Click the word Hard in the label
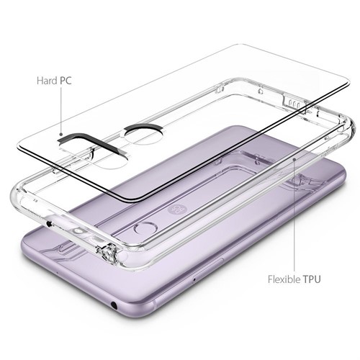(x=47, y=81)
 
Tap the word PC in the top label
(x=66, y=81)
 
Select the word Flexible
(x=284, y=279)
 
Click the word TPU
(x=312, y=279)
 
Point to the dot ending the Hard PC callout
(x=61, y=135)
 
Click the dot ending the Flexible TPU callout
(x=294, y=159)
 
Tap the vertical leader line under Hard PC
(x=61, y=110)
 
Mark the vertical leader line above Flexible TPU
(x=294, y=216)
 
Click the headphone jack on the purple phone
(x=114, y=305)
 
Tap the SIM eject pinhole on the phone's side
(x=194, y=279)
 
